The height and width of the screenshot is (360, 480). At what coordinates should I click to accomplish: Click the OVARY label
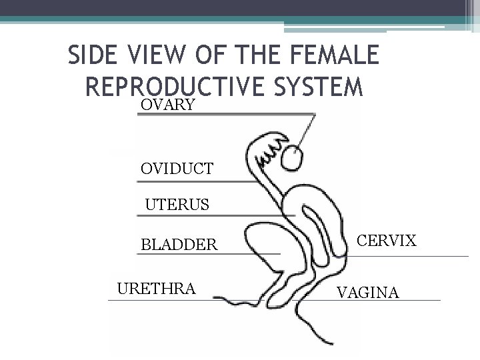[x=167, y=105]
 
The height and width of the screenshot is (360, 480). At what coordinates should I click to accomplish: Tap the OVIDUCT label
[x=177, y=169]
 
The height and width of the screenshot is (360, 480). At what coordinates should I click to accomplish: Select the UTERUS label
[x=177, y=204]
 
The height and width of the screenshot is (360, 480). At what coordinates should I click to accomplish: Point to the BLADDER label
[x=179, y=245]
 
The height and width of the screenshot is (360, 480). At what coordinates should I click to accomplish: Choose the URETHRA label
[x=156, y=289]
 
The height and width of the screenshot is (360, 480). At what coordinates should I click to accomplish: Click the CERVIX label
[x=387, y=240]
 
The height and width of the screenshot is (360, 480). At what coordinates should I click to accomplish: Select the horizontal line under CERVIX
[x=413, y=256]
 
